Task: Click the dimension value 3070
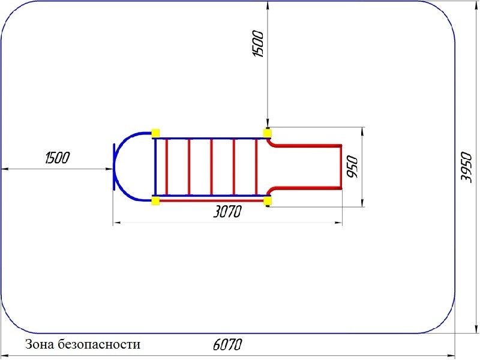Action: pyautogui.click(x=226, y=212)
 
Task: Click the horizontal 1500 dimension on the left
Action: pyautogui.click(x=58, y=158)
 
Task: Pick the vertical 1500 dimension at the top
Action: pyautogui.click(x=259, y=43)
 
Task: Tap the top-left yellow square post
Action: pyautogui.click(x=155, y=133)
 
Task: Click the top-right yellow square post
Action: pyautogui.click(x=267, y=133)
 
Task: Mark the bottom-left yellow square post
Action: pyautogui.click(x=155, y=200)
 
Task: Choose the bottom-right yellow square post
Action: pyautogui.click(x=267, y=200)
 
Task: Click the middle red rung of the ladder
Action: pyautogui.click(x=211, y=166)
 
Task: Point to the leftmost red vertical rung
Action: pyautogui.click(x=167, y=166)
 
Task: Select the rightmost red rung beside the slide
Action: pyautogui.click(x=257, y=166)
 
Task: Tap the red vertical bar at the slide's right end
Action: pyautogui.click(x=341, y=167)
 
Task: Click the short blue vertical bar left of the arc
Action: pyautogui.click(x=112, y=167)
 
